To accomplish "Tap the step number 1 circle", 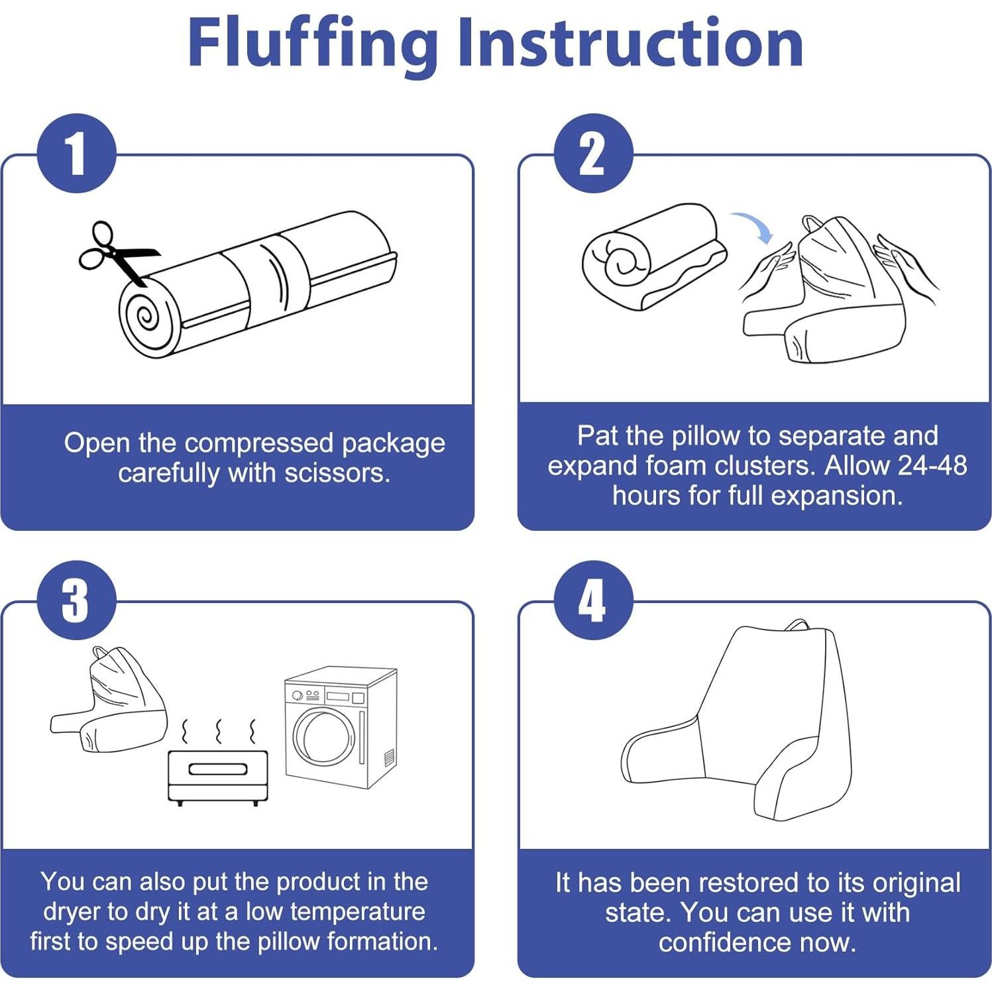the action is [77, 154].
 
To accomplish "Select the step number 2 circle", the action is [593, 154].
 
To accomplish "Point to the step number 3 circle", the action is [77, 600].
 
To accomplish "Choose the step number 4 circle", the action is [593, 600].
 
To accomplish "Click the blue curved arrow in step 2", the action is [753, 225].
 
